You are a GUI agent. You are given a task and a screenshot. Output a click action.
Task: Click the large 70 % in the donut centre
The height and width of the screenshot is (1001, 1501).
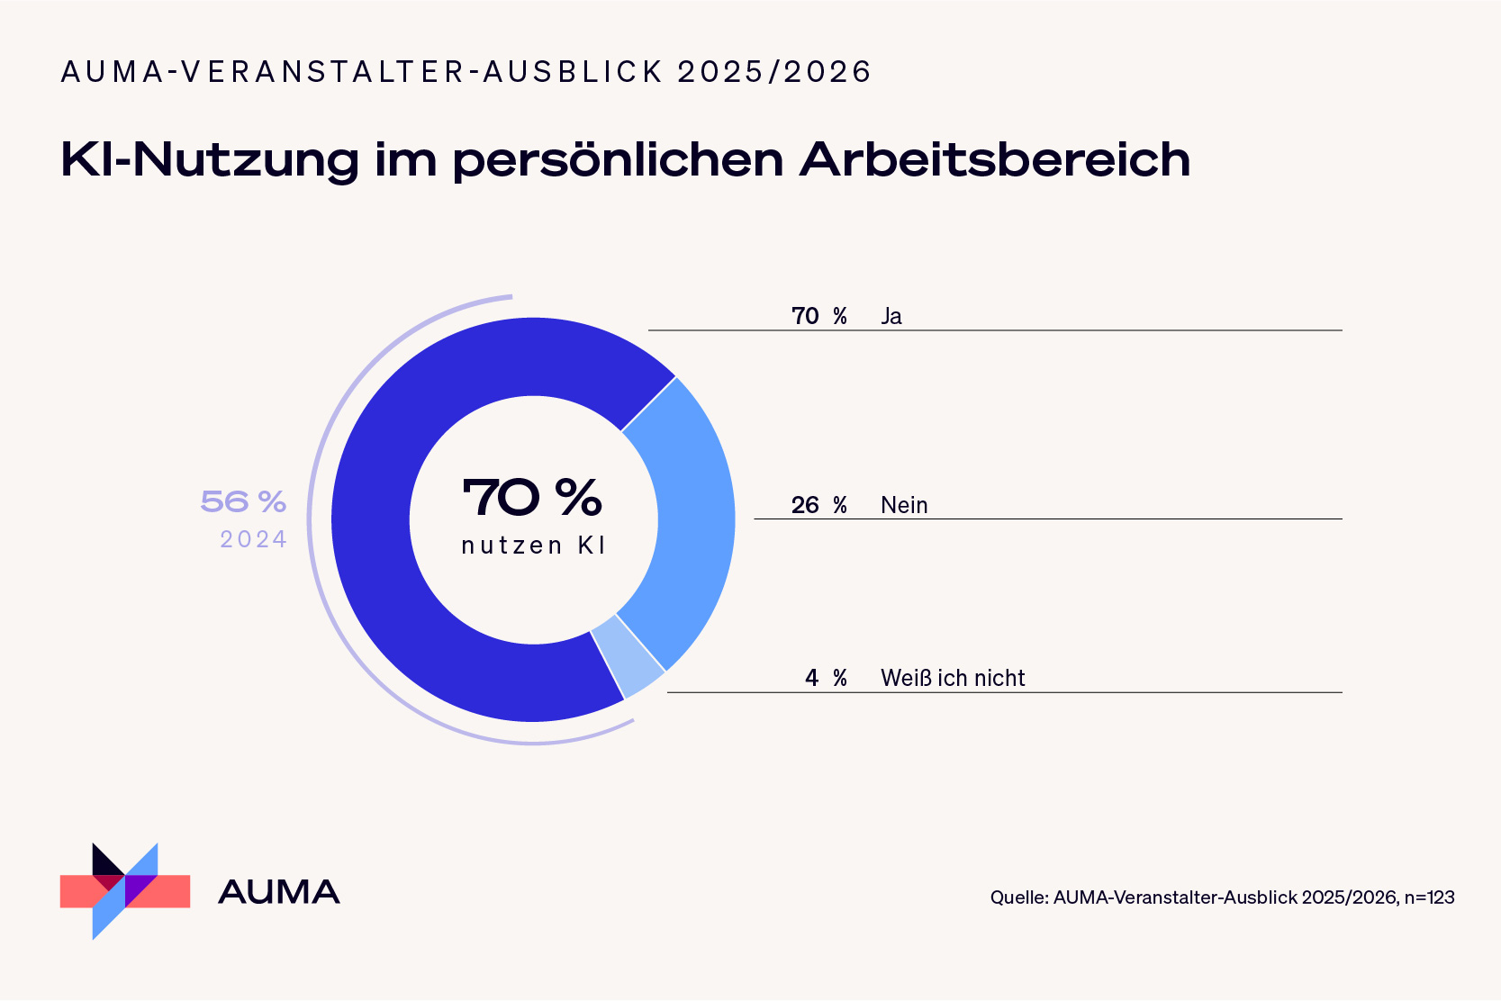pos(532,497)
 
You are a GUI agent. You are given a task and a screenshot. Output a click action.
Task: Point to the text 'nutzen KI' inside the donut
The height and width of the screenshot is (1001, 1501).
pos(533,546)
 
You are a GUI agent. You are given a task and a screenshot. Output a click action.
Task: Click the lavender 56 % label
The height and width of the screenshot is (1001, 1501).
pos(243,501)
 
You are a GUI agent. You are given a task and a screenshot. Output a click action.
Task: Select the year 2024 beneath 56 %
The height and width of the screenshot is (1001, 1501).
pos(253,539)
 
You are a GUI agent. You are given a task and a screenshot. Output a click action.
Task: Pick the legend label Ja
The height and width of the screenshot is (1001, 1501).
pos(891,316)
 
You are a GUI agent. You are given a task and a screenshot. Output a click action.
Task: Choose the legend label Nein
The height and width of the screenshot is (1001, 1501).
pos(904,505)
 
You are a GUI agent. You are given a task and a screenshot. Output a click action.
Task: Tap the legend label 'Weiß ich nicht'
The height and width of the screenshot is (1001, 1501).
pos(953,678)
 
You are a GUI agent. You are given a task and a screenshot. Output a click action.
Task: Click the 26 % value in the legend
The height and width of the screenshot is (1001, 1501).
pos(818,505)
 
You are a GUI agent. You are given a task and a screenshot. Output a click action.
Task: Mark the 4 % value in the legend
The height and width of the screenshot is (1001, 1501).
pos(826,678)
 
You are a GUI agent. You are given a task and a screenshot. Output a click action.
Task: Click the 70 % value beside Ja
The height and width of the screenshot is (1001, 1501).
pos(818,316)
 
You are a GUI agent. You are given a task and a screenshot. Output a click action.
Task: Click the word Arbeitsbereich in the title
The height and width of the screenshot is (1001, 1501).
pos(994,159)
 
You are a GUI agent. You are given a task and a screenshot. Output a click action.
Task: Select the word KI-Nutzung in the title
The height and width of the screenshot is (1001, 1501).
pos(210,160)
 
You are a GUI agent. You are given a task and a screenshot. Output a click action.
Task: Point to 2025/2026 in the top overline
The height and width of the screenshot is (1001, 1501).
pos(774,72)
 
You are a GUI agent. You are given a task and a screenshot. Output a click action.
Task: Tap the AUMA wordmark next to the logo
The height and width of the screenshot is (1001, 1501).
pos(279,892)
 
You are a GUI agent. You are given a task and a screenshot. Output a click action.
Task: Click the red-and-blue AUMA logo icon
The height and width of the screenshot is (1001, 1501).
pos(125,891)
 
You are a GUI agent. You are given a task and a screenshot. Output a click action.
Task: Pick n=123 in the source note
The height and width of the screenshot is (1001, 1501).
pos(1429,897)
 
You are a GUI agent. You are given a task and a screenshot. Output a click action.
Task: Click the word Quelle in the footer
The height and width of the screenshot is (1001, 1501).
pos(1017,897)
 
